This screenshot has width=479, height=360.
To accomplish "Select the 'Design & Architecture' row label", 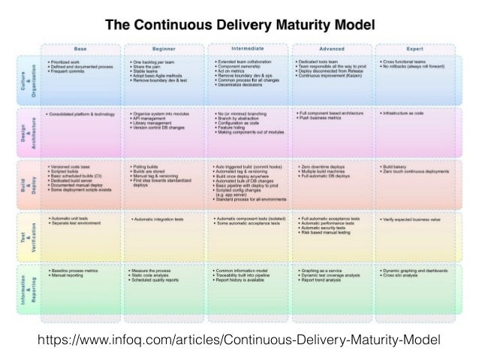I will click(x=27, y=133).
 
